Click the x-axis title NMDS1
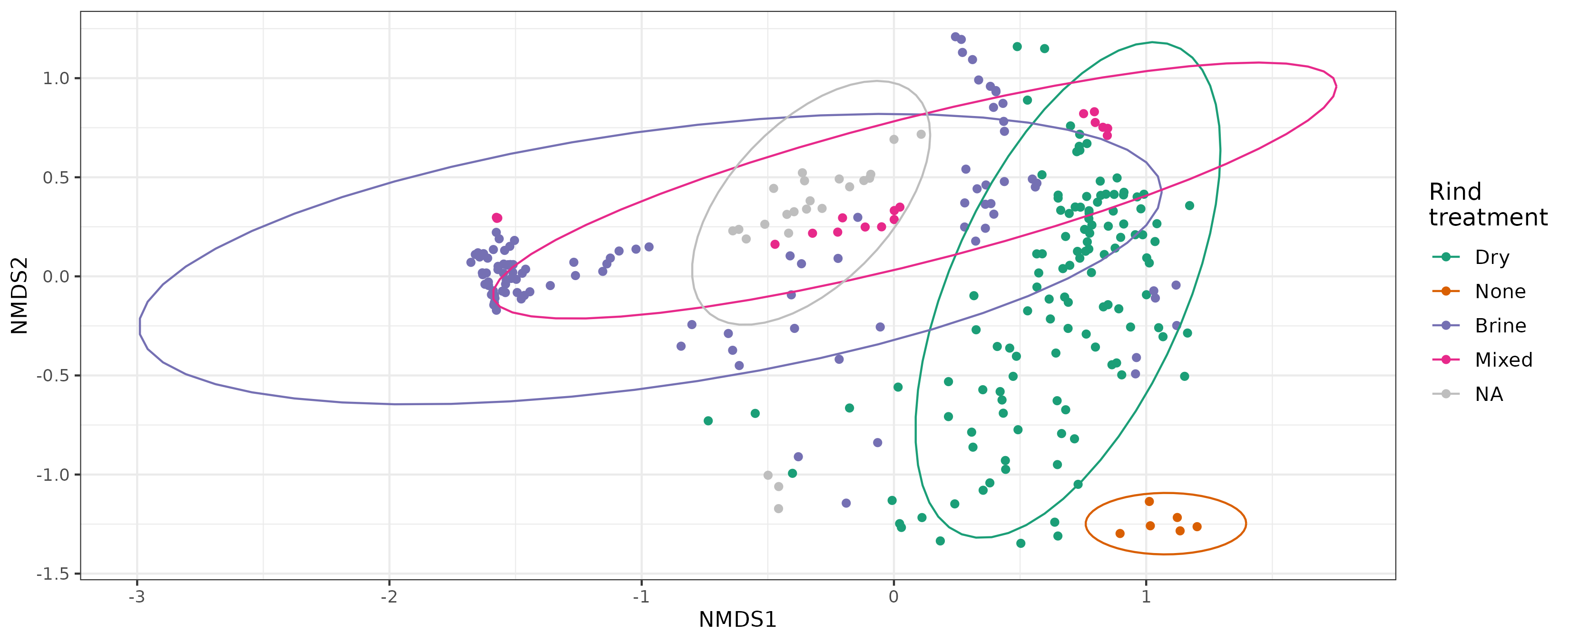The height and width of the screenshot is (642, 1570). tap(737, 620)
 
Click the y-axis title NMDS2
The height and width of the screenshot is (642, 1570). tap(20, 295)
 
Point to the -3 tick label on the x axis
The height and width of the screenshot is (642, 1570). tap(137, 596)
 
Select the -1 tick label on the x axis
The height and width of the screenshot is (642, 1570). tap(641, 596)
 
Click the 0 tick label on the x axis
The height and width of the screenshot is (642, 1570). tap(893, 596)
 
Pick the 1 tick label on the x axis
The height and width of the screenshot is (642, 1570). tap(1146, 596)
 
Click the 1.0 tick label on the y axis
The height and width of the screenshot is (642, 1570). tap(56, 78)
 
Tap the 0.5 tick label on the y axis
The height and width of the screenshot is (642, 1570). tap(56, 178)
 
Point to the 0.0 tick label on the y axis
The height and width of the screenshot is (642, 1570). tap(56, 276)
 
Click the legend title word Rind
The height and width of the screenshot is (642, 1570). tap(1455, 192)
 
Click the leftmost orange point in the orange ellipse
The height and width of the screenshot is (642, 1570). tap(1119, 534)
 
